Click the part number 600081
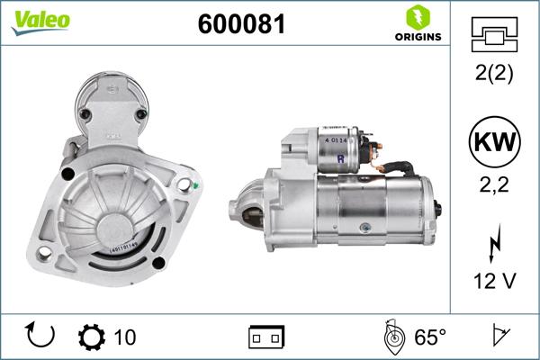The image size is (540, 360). coord(241,25)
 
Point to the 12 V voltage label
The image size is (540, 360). coord(494,283)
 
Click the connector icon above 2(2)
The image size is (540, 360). coord(494,37)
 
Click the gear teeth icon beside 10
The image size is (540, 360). coord(93,337)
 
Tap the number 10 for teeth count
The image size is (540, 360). coord(125,337)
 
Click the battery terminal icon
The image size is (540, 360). coord(266,337)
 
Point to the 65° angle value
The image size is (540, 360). coord(429,337)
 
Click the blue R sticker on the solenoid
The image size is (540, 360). coord(340,161)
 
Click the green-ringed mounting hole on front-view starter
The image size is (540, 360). coord(185,186)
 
